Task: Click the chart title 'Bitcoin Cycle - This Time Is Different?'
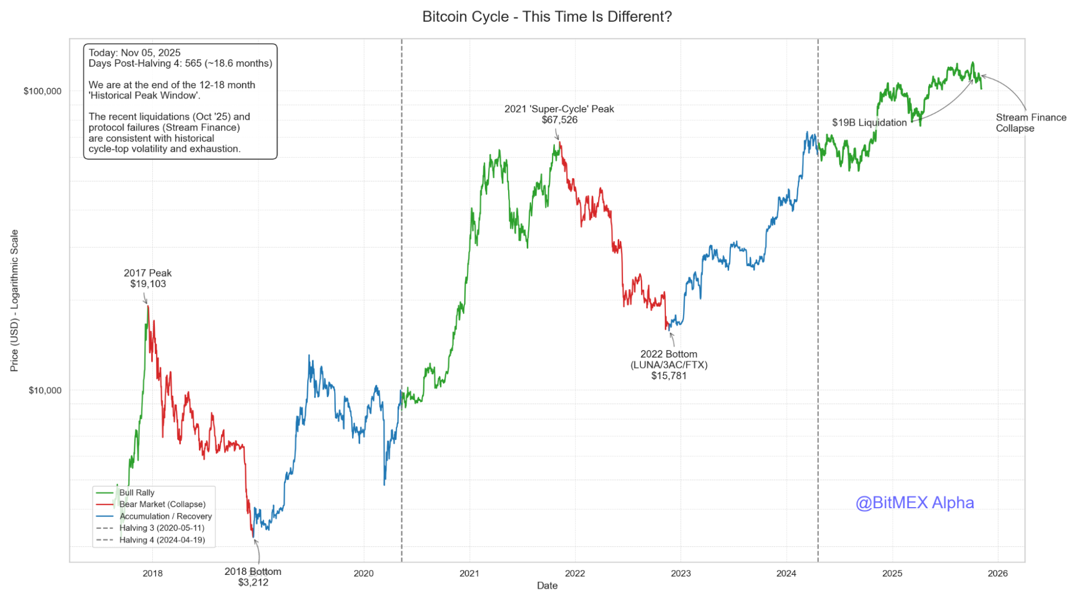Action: coord(547,17)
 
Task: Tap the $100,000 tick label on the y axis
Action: coord(42,91)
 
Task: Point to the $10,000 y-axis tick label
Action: coord(44,390)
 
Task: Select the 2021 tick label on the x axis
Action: coord(469,573)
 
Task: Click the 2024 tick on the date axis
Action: coord(786,573)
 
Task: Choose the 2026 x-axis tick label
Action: coord(997,573)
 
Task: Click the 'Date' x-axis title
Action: coord(547,585)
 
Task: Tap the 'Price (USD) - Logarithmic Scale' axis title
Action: coord(15,301)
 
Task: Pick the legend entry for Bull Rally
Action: coord(137,493)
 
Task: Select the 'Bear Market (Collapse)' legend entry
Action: coord(162,504)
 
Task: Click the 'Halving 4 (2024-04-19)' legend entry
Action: coord(162,540)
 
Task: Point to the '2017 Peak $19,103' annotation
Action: coord(147,279)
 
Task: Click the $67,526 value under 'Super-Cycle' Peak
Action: coord(560,120)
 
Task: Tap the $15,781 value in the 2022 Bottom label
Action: coord(669,376)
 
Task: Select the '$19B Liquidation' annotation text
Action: coord(869,122)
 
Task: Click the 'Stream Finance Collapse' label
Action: coord(1030,123)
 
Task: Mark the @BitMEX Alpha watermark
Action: coord(915,502)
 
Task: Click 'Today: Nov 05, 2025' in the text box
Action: coord(134,53)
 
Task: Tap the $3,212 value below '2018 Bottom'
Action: coord(253,582)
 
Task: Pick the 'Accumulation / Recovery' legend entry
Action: coord(165,516)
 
